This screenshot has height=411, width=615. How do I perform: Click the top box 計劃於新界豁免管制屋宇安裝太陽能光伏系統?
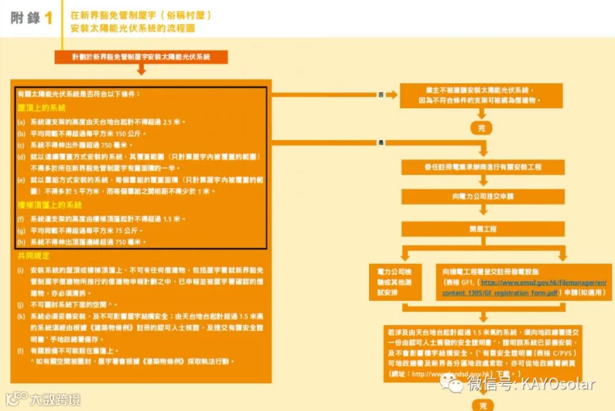(141, 58)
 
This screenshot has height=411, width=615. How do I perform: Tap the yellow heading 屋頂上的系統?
(42, 108)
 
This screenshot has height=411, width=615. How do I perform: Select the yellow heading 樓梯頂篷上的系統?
(50, 205)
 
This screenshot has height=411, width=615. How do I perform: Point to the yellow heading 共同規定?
(33, 256)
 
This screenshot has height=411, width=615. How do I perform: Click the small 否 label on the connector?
(381, 94)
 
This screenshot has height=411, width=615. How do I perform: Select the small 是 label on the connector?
(381, 142)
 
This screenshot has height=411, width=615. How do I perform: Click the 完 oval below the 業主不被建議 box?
(482, 127)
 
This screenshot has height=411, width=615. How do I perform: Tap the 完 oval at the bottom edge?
(482, 405)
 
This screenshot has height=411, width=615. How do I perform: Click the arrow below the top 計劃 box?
(141, 70)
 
